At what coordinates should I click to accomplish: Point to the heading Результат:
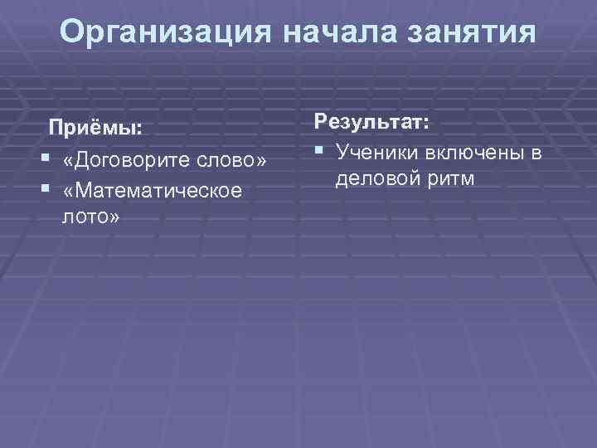coord(371,123)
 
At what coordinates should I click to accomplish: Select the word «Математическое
coord(153,190)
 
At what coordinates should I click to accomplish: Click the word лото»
coord(90,217)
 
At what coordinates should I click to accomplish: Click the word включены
coord(471,153)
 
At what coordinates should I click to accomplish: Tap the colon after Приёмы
coord(139,130)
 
